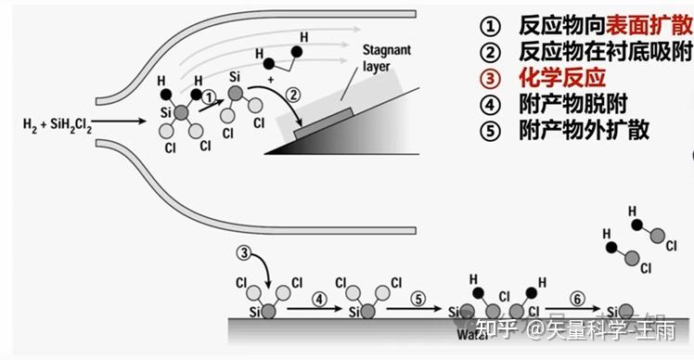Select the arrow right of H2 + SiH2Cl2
(122, 122)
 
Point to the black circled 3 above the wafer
(244, 252)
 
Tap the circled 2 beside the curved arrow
(294, 93)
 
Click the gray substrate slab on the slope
(322, 125)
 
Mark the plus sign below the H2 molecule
(271, 81)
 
